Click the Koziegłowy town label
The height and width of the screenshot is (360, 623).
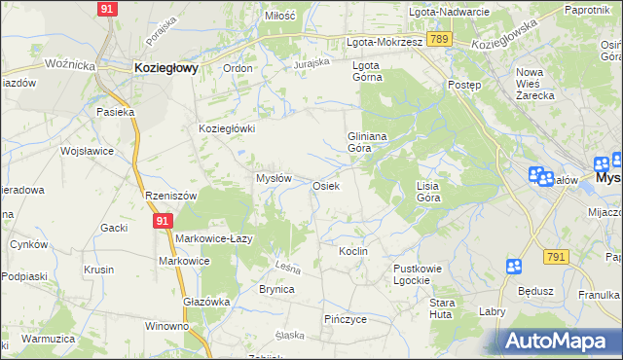pyautogui.click(x=165, y=67)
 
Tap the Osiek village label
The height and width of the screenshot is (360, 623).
pyautogui.click(x=325, y=185)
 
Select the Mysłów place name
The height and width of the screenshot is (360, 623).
pyautogui.click(x=274, y=178)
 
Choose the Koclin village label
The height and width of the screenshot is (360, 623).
pyautogui.click(x=352, y=251)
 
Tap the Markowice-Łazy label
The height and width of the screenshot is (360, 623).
pyautogui.click(x=214, y=238)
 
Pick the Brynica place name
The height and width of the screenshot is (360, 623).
pyautogui.click(x=276, y=289)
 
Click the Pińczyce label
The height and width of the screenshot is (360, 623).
pyautogui.click(x=345, y=318)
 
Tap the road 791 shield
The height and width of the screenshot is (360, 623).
pyautogui.click(x=555, y=256)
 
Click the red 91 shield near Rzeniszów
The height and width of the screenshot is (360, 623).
pyautogui.click(x=162, y=222)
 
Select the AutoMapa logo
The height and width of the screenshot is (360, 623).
pyautogui.click(x=556, y=341)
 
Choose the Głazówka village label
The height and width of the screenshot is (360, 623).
pyautogui.click(x=206, y=302)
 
